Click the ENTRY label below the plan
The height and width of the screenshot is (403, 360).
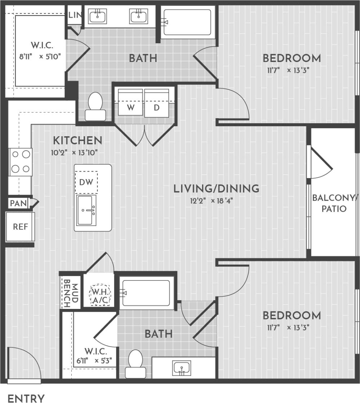26,398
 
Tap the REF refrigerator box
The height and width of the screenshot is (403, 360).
20,227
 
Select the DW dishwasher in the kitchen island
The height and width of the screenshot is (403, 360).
86,182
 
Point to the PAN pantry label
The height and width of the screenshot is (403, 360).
18,203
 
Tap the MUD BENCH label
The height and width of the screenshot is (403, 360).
70,292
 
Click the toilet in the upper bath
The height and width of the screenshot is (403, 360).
95,107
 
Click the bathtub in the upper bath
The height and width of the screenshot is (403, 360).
187,22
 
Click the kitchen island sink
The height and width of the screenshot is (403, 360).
86,211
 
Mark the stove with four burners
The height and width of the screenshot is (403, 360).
21,162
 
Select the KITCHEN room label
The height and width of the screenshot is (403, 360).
77,140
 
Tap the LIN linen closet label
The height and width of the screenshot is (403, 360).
75,15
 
